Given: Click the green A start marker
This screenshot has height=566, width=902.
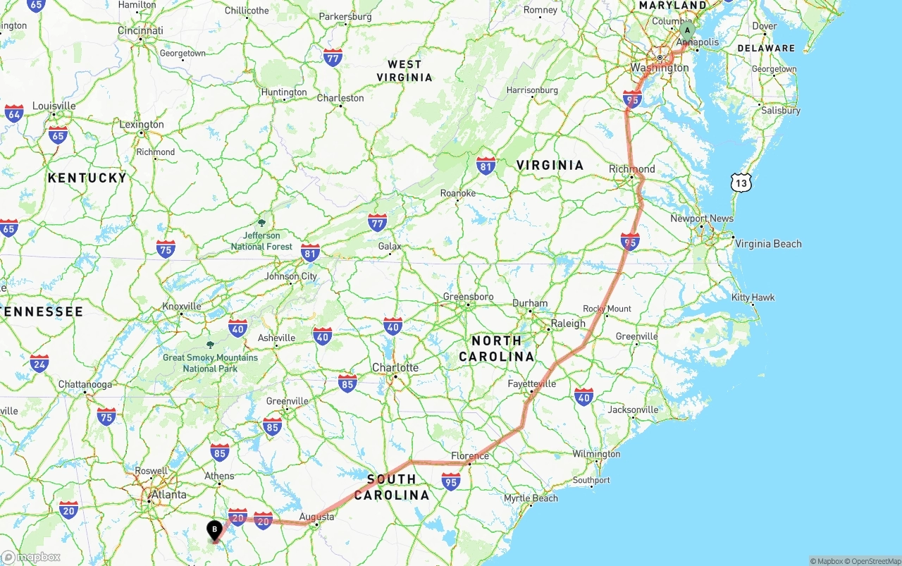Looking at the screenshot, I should [687, 30].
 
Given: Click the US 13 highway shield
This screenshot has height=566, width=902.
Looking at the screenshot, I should [741, 183].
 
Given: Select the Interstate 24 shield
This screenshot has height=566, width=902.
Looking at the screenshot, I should [39, 363].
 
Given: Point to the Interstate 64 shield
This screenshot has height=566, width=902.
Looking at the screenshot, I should [14, 113].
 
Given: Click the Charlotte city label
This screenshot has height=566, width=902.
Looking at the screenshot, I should [395, 367].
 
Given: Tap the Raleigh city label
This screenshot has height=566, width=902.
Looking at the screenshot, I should [568, 323].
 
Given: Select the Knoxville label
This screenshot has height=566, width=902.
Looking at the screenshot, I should [182, 307].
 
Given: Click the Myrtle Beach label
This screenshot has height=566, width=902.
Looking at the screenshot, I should [531, 498].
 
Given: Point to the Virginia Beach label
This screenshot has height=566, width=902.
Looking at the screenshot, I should [768, 244].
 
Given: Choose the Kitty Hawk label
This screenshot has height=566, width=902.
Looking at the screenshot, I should [753, 297].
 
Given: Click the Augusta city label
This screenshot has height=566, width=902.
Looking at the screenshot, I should [316, 517].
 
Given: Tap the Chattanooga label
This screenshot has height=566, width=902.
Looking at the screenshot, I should [85, 385].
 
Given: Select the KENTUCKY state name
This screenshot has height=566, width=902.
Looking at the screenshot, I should [87, 178].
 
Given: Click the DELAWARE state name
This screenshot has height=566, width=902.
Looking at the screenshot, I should [766, 49].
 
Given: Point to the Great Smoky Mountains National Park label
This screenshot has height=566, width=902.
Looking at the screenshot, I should [210, 362].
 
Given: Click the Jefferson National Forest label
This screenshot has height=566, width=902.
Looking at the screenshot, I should [261, 240].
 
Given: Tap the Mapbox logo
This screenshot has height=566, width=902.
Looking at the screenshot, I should [31, 557].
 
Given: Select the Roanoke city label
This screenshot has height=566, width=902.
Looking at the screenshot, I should [458, 193].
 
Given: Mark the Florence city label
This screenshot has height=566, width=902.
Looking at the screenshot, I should [471, 456].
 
